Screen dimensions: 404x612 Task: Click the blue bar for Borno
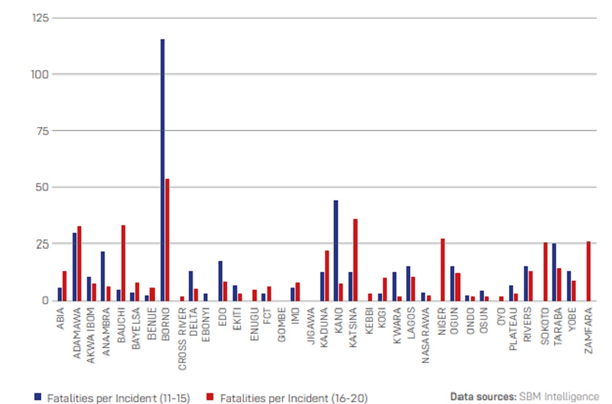tap(163, 170)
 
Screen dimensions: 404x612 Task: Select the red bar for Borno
tap(167, 240)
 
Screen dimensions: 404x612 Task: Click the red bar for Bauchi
tap(123, 262)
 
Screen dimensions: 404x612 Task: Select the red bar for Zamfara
tap(589, 271)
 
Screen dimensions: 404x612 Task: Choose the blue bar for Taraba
tap(554, 272)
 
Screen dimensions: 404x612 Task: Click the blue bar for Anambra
tap(103, 275)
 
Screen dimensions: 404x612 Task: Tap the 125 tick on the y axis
tap(40, 18)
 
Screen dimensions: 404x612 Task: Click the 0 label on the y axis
tap(45, 300)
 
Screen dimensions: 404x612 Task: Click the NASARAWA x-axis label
tap(426, 335)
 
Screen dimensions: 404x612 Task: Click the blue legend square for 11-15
tap(38, 397)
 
